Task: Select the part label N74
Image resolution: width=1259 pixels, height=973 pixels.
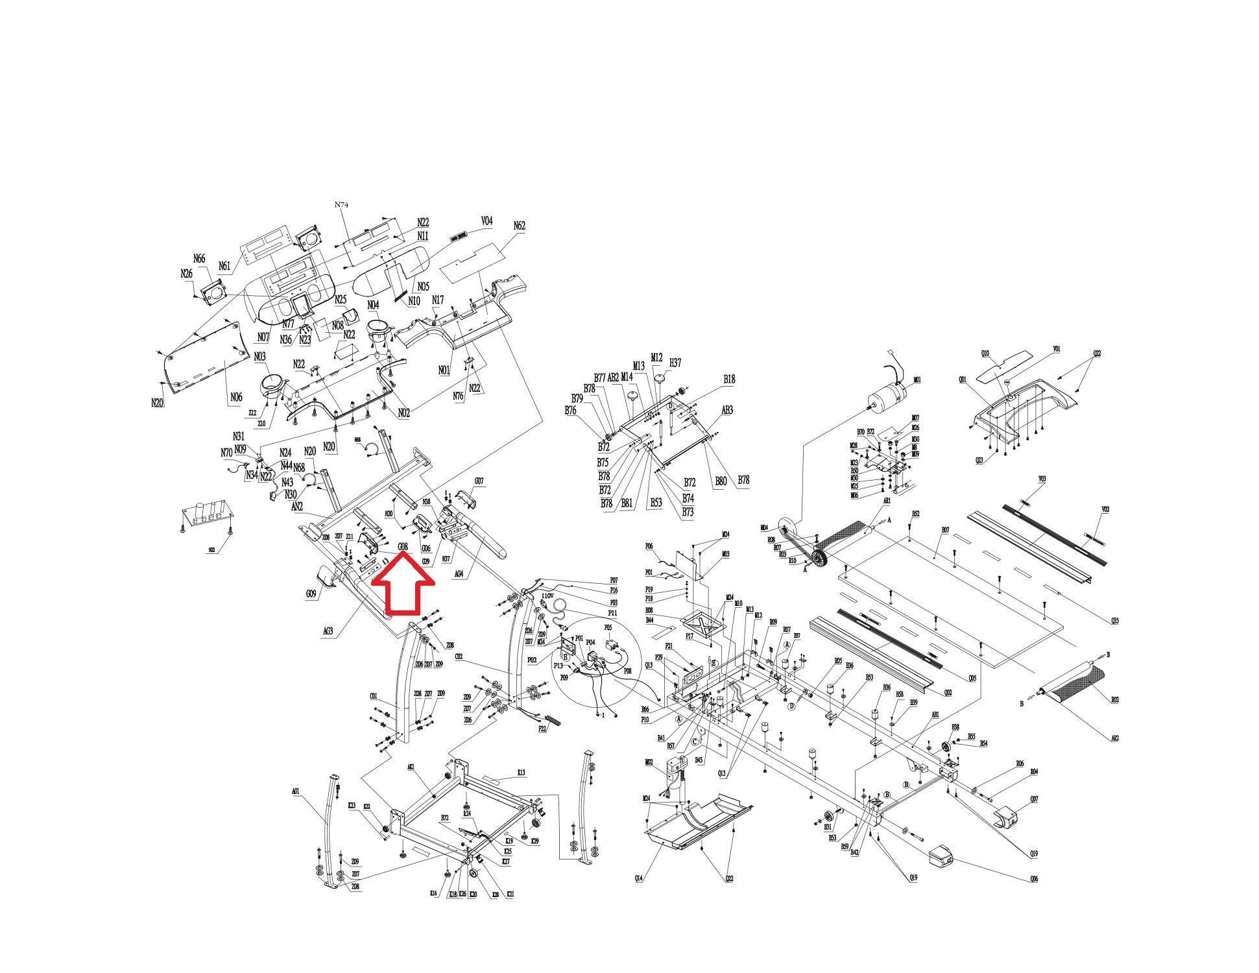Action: pos(342,204)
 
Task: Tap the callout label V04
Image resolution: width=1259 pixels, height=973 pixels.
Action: pos(486,221)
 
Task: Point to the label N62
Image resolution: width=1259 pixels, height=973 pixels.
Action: pos(519,226)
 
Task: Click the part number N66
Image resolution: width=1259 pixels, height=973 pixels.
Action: pos(199,259)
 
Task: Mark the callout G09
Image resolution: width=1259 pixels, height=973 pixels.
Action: pos(311,593)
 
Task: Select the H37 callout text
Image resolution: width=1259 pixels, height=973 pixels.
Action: pos(675,363)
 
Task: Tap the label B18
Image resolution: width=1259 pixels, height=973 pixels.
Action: pos(729,379)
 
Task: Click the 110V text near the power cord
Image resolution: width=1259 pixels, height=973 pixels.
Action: pos(547,595)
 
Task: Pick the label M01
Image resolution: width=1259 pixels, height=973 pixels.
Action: pos(917,380)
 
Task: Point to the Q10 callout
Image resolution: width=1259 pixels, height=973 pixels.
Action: pos(985,353)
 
